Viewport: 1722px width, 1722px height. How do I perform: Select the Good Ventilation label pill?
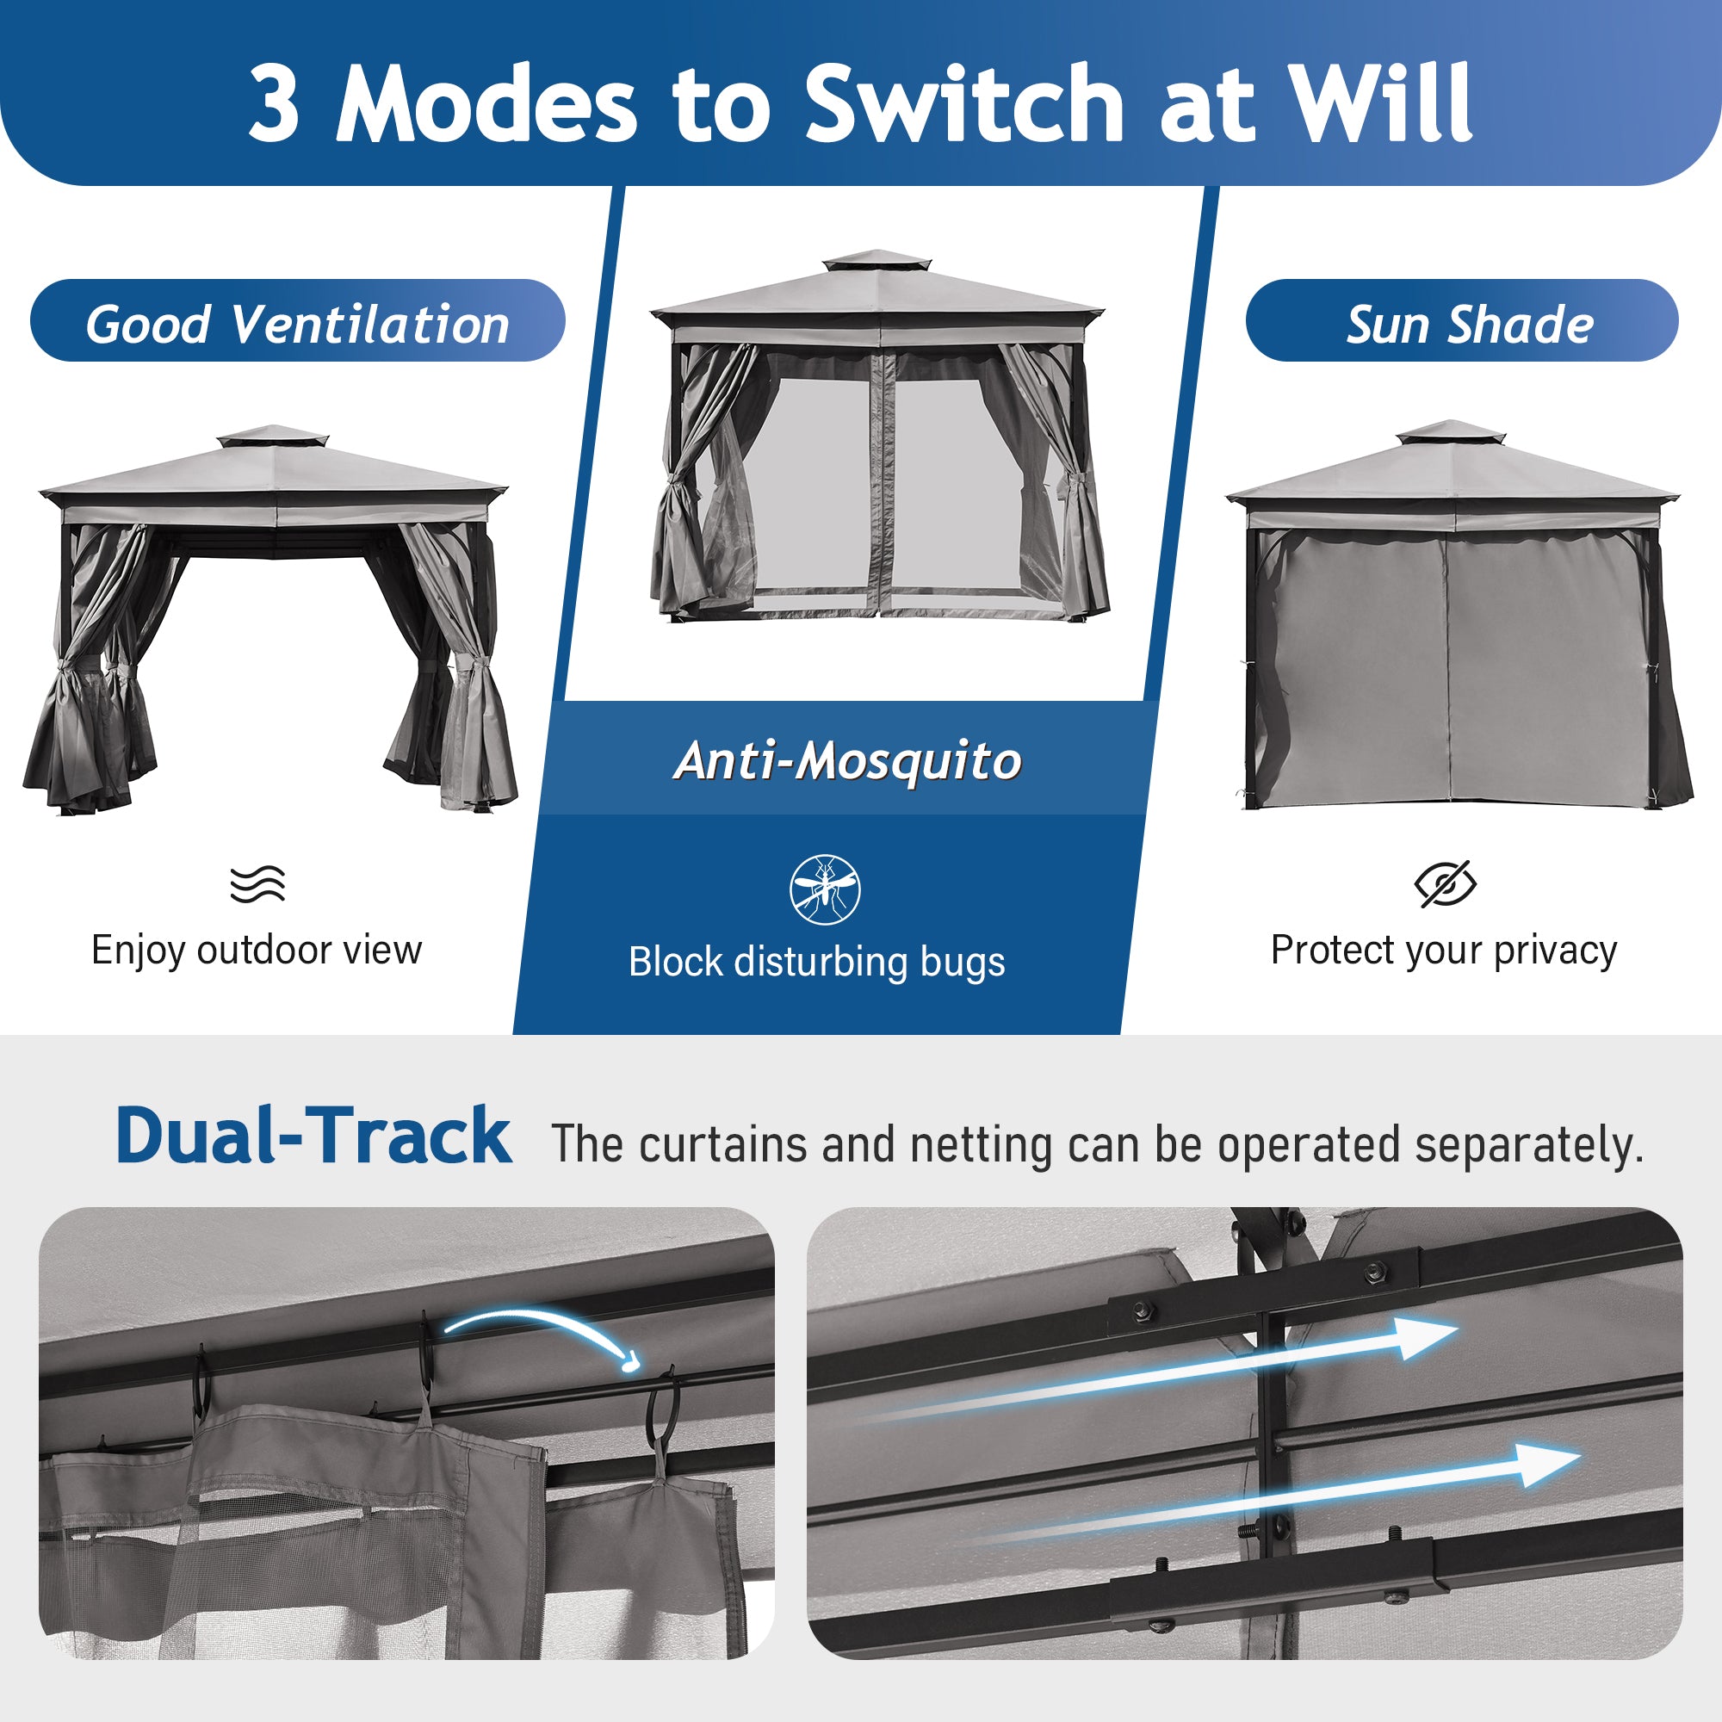[298, 320]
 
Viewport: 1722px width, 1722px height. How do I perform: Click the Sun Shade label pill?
[1462, 320]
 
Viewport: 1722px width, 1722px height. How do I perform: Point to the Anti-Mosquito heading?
[847, 760]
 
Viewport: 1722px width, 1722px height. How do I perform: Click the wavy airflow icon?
[257, 883]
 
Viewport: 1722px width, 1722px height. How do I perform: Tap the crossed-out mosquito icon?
[826, 889]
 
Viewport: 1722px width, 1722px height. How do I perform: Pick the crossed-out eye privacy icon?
[1446, 884]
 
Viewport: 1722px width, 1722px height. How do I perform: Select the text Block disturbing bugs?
[817, 963]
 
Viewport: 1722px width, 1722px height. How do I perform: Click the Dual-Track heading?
[313, 1136]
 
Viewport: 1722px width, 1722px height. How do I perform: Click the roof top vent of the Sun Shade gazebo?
[1450, 432]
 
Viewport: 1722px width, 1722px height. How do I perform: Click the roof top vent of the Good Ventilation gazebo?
[273, 437]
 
